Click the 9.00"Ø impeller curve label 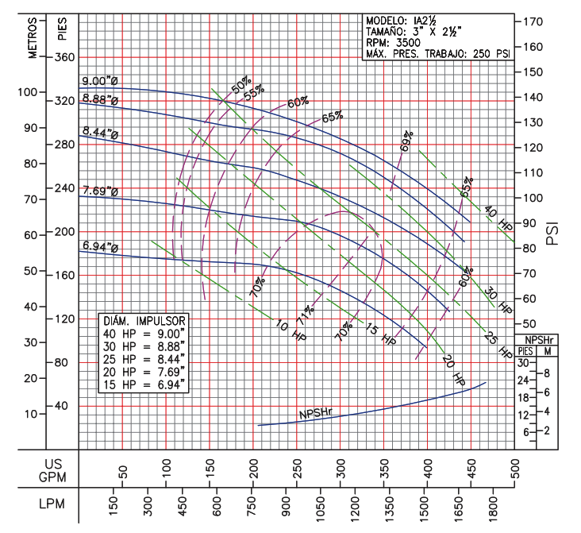100,80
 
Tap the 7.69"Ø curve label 100,191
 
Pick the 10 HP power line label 289,331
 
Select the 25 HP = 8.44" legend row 144,357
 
